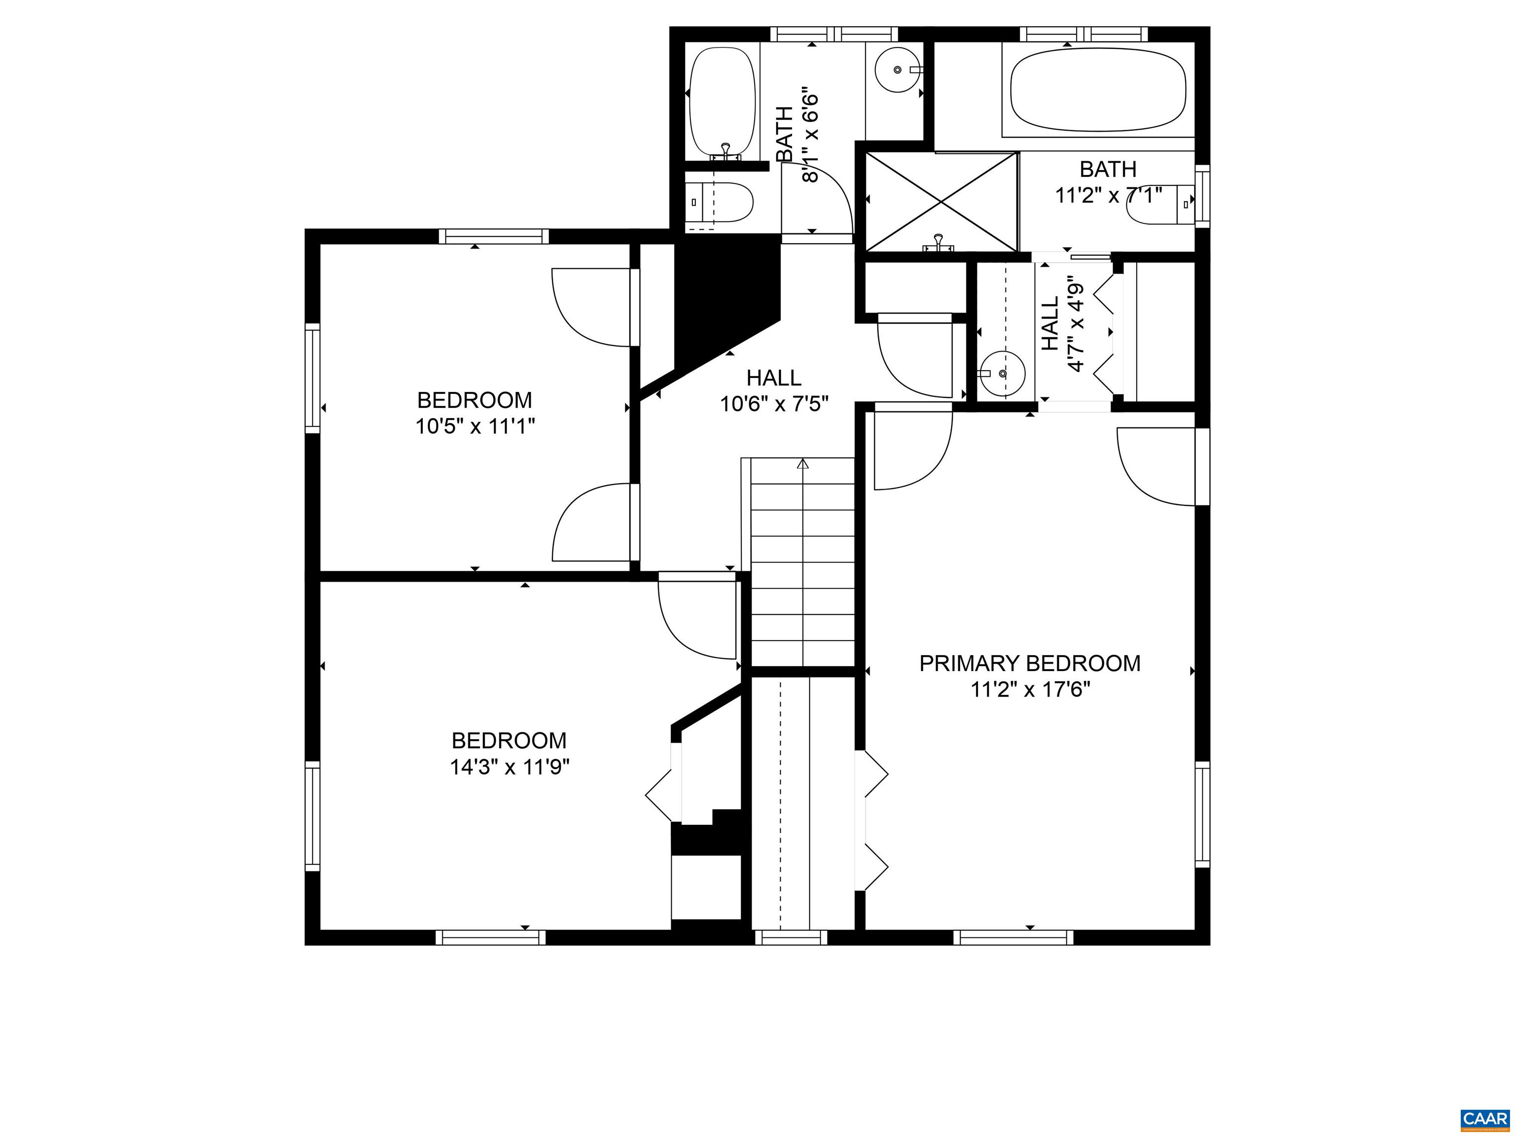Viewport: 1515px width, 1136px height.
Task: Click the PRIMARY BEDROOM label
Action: [x=1029, y=664]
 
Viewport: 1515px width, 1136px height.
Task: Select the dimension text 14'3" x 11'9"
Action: [x=509, y=767]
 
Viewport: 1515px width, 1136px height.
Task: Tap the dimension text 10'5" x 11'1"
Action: [x=474, y=426]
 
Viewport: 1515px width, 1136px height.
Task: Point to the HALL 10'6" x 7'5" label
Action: [x=774, y=391]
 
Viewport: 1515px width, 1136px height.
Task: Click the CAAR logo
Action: [x=1484, y=1118]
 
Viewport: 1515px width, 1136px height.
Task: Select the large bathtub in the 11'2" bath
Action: [x=1098, y=90]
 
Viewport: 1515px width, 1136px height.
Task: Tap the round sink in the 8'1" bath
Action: [x=898, y=69]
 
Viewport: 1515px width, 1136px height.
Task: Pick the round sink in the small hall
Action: [x=1001, y=374]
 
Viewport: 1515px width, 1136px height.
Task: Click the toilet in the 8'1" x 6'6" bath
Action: [x=721, y=203]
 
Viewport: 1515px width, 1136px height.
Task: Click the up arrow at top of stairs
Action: [x=803, y=463]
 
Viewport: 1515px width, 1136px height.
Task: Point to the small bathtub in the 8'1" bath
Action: [x=721, y=100]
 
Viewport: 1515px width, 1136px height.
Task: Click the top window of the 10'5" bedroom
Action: [x=493, y=236]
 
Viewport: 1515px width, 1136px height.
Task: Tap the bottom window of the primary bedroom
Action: [x=1013, y=937]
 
